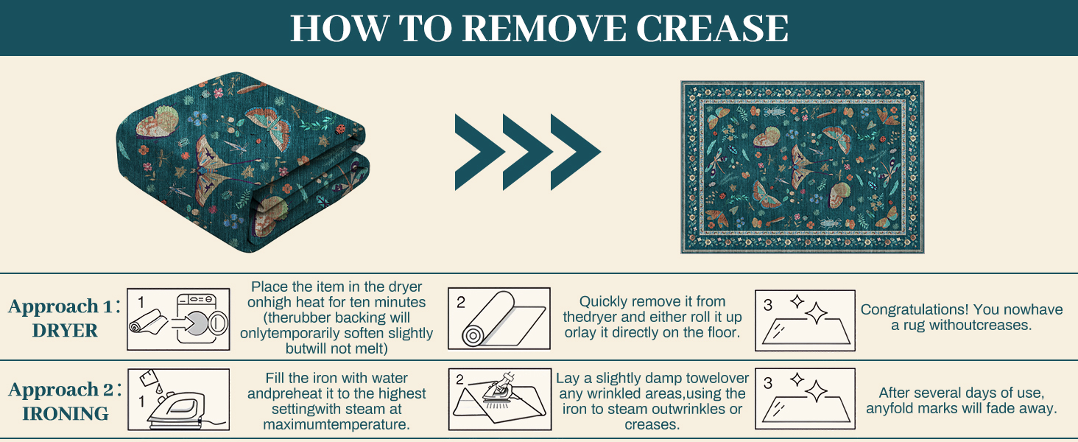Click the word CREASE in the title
pos(712,28)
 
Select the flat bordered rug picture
pos(803,167)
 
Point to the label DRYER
pos(65,331)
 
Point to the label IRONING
pos(66,414)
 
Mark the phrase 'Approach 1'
pos(54,306)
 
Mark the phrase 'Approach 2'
pos(54,390)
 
